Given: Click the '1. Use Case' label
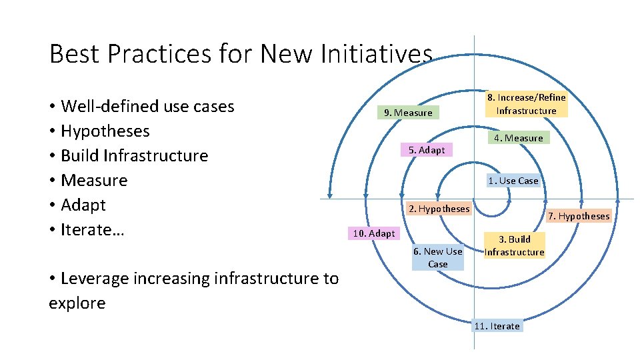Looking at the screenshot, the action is click(x=513, y=181).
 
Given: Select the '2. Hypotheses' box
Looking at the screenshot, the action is click(x=439, y=209).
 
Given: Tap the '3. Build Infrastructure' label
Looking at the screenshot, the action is click(x=514, y=245).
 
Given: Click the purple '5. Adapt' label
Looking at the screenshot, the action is click(x=427, y=150).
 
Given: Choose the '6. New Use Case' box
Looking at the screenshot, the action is click(x=437, y=257).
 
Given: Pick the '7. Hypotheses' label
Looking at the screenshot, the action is click(x=579, y=216).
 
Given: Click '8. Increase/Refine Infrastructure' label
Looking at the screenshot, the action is click(x=526, y=104).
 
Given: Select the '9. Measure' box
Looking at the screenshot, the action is click(x=408, y=113).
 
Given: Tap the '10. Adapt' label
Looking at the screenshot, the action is click(x=373, y=233).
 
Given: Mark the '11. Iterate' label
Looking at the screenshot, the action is click(x=497, y=326).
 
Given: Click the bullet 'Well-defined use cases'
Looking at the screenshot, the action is click(x=147, y=106).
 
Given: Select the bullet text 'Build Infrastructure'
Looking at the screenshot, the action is click(x=134, y=155).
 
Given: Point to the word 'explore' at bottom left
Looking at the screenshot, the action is click(x=77, y=303).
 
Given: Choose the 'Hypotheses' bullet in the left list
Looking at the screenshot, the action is click(x=105, y=131).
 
